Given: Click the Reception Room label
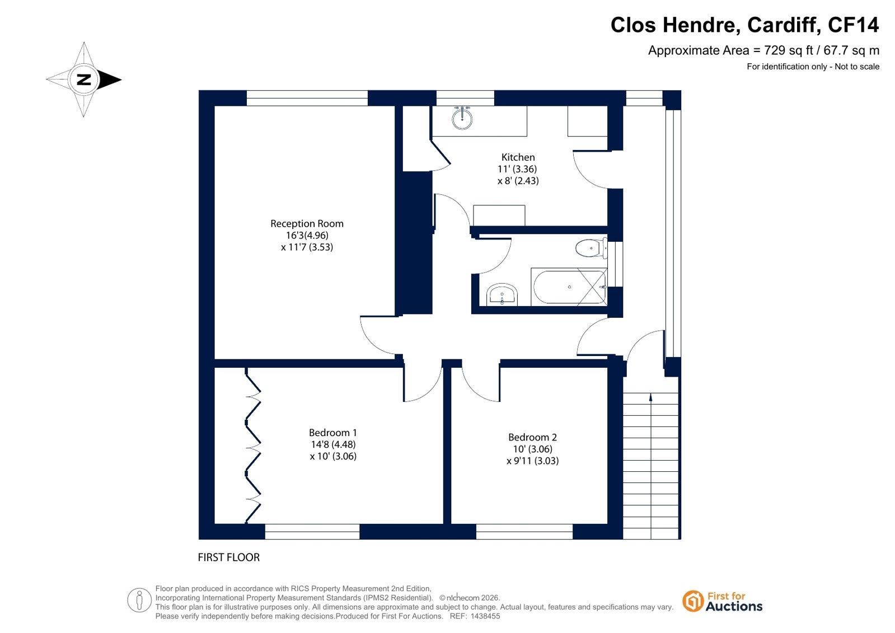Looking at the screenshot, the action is (307, 223).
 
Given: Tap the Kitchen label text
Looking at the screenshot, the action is (518, 157).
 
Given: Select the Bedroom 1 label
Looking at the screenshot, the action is (333, 433).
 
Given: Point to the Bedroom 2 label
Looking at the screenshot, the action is (532, 437).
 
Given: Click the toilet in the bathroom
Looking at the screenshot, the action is (591, 248).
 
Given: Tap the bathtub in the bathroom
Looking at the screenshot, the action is (569, 287).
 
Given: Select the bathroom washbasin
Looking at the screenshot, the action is (502, 295).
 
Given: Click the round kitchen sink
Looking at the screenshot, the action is (462, 118).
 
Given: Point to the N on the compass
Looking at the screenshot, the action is (84, 79).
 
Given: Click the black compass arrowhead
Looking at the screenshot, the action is (110, 79).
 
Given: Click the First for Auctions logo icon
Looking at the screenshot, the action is (693, 601).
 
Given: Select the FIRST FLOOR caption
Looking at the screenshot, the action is (228, 557).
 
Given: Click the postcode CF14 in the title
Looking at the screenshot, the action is (853, 25).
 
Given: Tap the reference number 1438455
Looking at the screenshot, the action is (485, 616).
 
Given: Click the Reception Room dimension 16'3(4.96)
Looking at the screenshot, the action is (307, 236).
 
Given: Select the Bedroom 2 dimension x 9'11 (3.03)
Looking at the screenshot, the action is (532, 461).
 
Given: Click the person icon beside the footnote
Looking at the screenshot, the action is (139, 600).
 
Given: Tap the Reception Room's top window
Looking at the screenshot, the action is (307, 98).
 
